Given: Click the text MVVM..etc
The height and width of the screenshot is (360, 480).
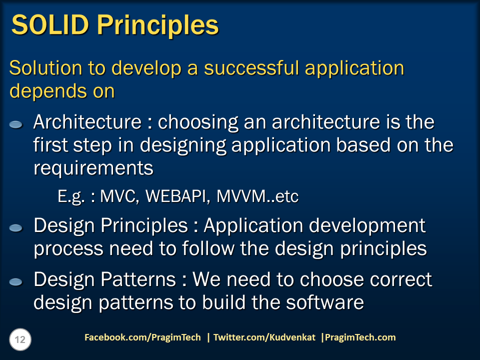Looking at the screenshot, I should point(257,197).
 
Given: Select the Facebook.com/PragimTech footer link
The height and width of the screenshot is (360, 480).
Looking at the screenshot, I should point(142,337).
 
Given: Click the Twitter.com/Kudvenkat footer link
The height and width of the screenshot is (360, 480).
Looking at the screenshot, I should point(264,337).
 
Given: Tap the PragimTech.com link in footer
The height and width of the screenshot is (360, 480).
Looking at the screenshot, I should point(360,337).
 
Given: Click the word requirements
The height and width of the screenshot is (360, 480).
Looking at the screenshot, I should point(93,168).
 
